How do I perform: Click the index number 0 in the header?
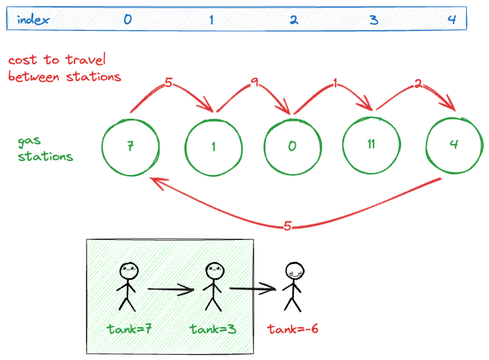tap(127, 19)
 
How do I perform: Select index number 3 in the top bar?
tap(374, 19)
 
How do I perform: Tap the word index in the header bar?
tap(34, 19)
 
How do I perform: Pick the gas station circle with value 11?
tap(372, 144)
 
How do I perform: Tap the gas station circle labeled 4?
tap(454, 145)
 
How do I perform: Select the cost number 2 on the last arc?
tap(417, 84)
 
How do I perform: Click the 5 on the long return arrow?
tap(287, 226)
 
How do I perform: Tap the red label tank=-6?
tap(292, 329)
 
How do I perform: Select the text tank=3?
tap(213, 329)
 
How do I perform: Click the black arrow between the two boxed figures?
tap(170, 290)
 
